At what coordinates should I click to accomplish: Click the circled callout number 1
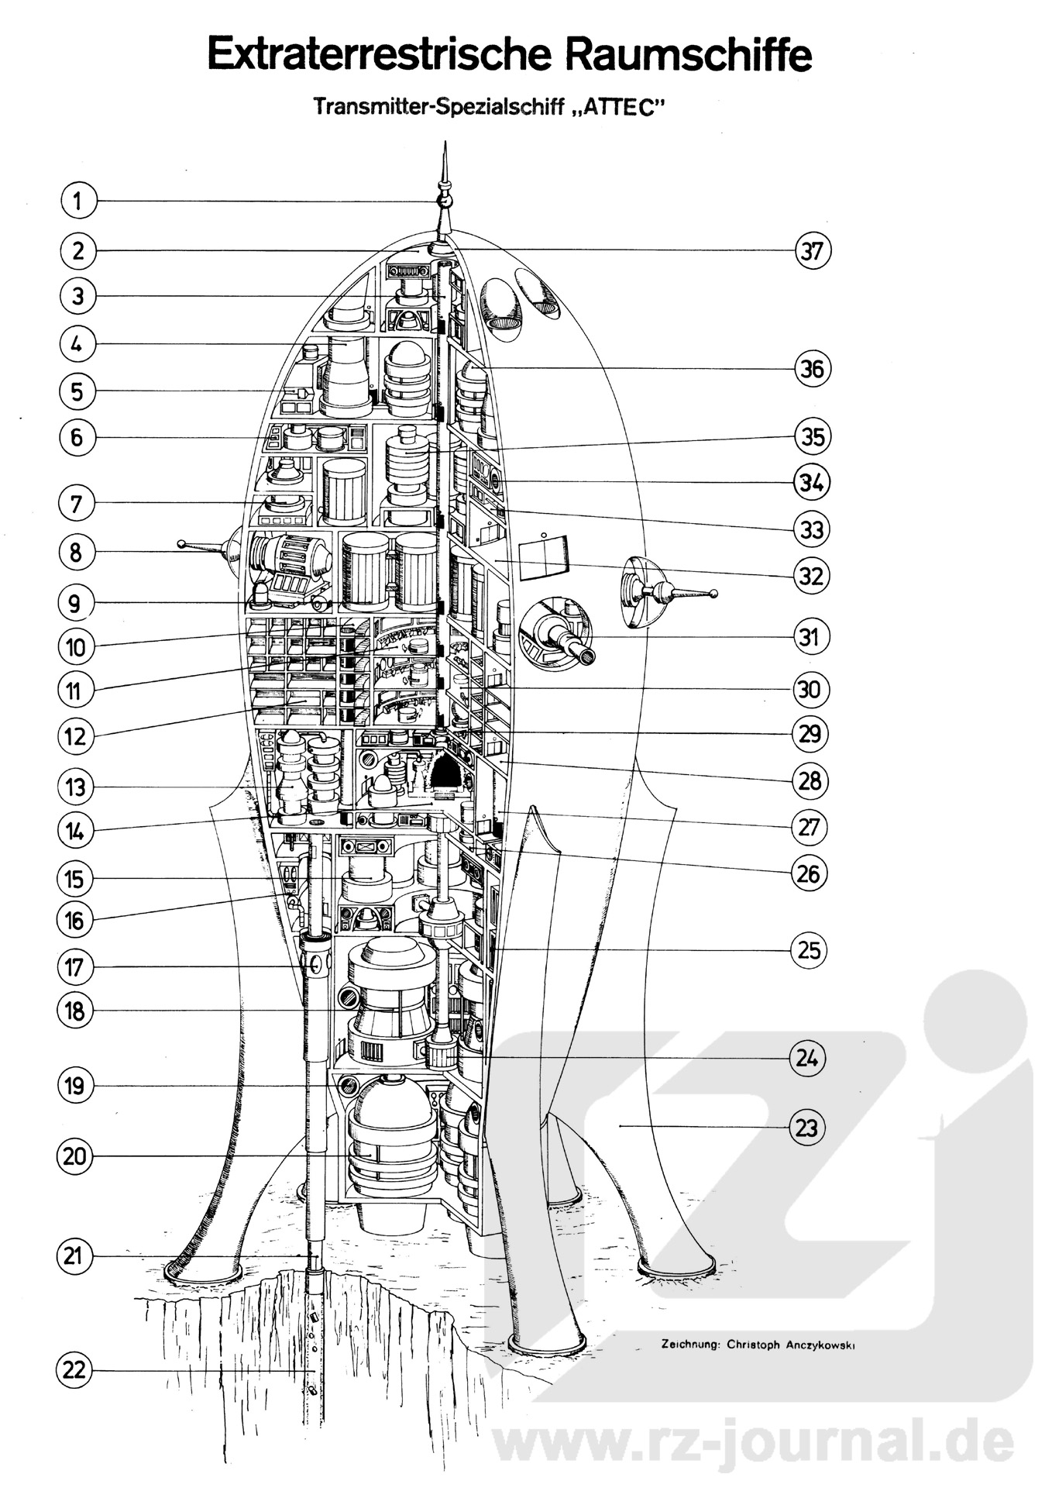[x=76, y=201]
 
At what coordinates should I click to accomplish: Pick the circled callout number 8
[x=75, y=553]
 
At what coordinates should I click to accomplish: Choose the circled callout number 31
[x=810, y=637]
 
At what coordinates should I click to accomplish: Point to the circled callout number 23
[x=807, y=1127]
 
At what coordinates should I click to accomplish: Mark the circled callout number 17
[x=75, y=967]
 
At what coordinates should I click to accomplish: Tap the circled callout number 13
[x=75, y=787]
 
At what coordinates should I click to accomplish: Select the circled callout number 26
[x=809, y=874]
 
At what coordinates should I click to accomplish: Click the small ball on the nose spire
[x=445, y=201]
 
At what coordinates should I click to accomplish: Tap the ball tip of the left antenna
[x=181, y=544]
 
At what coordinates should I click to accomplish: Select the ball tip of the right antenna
[x=713, y=594]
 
